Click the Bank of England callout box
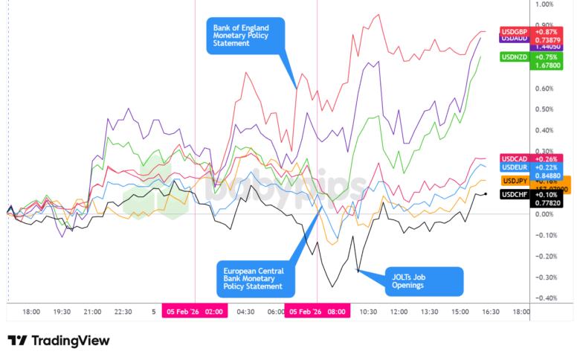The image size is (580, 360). tap(245, 34)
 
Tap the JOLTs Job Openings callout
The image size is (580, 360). tap(423, 280)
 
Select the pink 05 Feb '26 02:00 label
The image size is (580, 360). tap(194, 312)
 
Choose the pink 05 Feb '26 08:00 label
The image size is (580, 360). tap(318, 312)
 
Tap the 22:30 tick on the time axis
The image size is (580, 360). tap(123, 312)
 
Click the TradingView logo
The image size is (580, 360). tap(59, 341)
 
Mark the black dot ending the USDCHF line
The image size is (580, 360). tap(485, 194)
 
